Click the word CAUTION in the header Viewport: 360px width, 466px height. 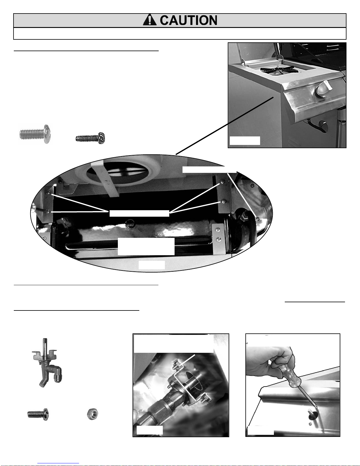[x=188, y=20]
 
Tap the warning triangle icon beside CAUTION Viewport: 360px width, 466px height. [x=150, y=20]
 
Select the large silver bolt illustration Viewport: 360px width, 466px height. [x=35, y=134]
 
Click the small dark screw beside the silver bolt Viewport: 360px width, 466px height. [x=90, y=138]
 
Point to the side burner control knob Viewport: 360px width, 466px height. [x=324, y=90]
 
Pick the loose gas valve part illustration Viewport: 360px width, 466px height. [x=47, y=363]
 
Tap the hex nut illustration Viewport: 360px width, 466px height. [x=93, y=414]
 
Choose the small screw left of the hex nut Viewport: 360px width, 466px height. [x=38, y=414]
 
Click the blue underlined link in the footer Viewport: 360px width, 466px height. [x=58, y=462]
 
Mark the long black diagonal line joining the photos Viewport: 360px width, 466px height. [x=225, y=126]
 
